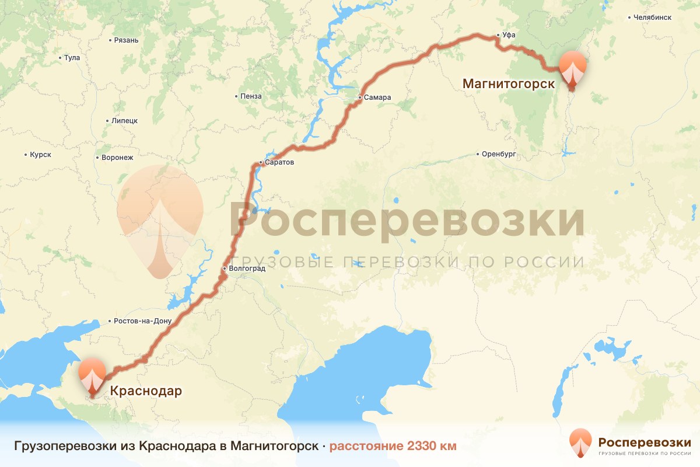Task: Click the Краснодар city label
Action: pos(142,391)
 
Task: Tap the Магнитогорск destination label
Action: pos(509,84)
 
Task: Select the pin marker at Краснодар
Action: pos(92,377)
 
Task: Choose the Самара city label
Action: pos(377,97)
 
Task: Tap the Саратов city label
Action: pos(279,162)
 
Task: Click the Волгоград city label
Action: pos(247,269)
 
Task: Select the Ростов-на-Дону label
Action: pos(142,321)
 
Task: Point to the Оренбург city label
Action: pos(499,155)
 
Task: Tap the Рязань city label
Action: pos(126,40)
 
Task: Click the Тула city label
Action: pos(72,58)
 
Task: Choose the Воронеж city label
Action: pos(117,158)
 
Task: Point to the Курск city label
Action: pos(40,155)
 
